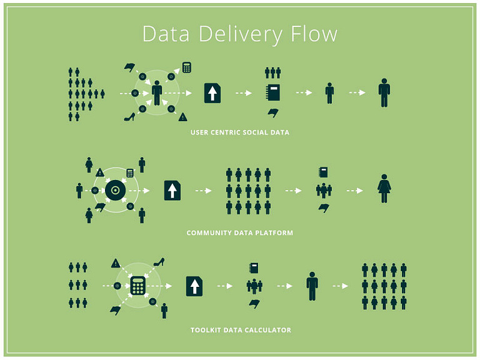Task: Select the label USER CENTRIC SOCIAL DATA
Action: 240,132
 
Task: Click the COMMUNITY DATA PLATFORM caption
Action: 240,232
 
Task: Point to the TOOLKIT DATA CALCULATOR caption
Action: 241,330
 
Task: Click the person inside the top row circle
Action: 157,92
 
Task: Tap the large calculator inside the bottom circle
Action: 138,286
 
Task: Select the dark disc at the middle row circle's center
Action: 114,191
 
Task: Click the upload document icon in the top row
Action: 212,93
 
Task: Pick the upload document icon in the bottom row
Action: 195,286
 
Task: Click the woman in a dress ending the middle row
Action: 384,189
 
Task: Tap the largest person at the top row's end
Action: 384,92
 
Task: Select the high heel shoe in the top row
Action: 129,116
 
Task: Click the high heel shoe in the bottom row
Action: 159,262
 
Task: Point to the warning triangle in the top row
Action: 182,116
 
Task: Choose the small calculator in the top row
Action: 186,67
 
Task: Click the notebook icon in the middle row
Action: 323,172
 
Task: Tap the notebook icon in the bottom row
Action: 254,267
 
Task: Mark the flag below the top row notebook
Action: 272,112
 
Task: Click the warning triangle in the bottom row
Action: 116,263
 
